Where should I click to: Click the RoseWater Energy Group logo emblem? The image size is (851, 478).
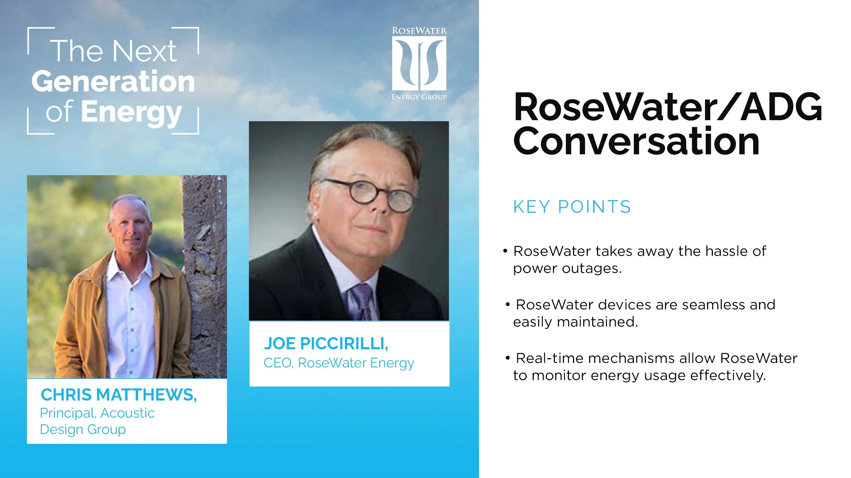pos(419,63)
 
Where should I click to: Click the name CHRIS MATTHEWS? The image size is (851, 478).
pos(118,395)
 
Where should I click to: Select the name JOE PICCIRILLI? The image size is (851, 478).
pos(326,343)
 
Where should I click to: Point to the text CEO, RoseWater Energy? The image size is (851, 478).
pos(338,363)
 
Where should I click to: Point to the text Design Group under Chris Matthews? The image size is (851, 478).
pos(83,429)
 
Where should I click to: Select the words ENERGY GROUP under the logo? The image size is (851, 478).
pos(419,97)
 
